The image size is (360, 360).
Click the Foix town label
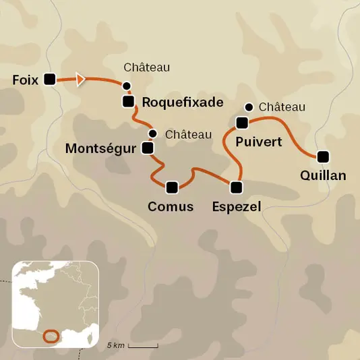[25, 80]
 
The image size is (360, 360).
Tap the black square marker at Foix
[49, 80]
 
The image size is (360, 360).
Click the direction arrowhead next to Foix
[81, 80]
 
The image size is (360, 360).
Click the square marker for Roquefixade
[128, 102]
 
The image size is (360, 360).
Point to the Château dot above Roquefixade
[126, 86]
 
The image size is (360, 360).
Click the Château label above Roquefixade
[146, 67]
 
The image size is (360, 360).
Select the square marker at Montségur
[147, 148]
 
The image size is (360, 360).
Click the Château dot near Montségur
[153, 133]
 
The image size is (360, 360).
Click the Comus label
[171, 207]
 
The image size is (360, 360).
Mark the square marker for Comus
[171, 187]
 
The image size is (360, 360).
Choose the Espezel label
[236, 207]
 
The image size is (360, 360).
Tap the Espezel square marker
[236, 187]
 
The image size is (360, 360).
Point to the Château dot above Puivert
[249, 107]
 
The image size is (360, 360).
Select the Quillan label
[324, 176]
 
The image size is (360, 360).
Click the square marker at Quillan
[324, 156]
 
